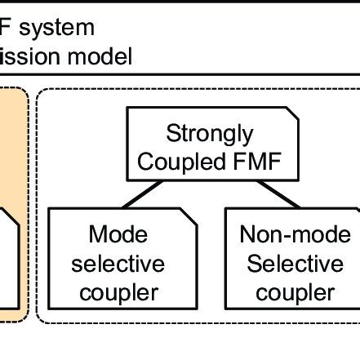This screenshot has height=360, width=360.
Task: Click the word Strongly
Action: pyautogui.click(x=210, y=133)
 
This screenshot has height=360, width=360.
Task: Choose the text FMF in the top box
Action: pyautogui.click(x=256, y=162)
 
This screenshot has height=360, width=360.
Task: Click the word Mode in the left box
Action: pyautogui.click(x=118, y=235)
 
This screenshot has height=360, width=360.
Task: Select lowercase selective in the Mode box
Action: pyautogui.click(x=118, y=264)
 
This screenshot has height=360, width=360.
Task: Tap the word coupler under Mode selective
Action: pyautogui.click(x=118, y=292)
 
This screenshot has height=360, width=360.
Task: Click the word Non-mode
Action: pyautogui.click(x=291, y=235)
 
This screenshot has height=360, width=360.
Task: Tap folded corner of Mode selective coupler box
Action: pyautogui.click(x=188, y=216)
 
